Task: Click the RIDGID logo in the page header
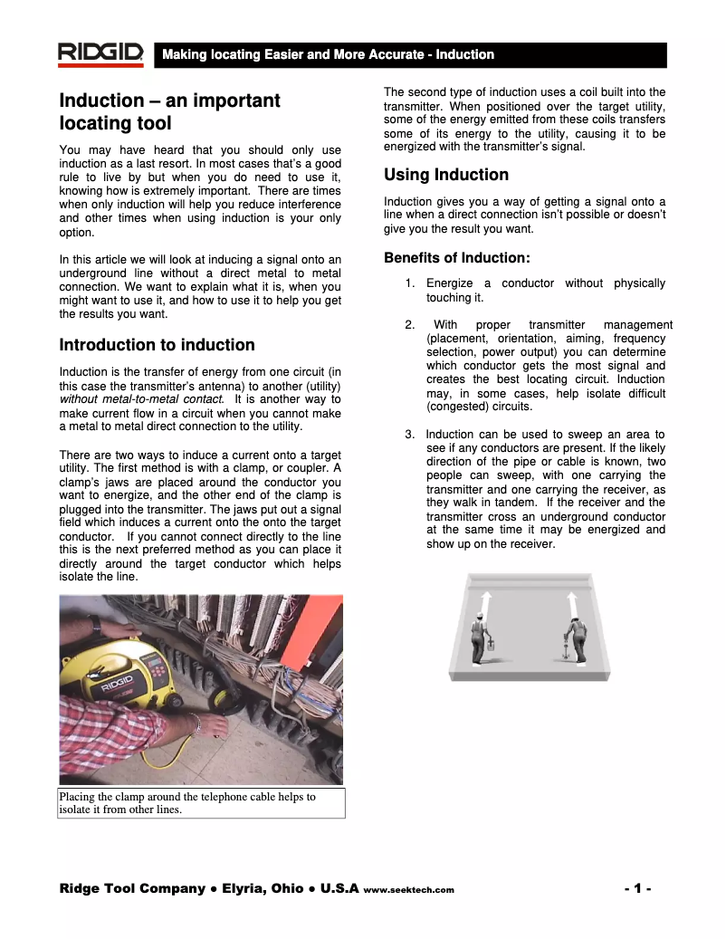100,54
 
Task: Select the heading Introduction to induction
157,345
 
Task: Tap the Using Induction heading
446,175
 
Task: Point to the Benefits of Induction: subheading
457,258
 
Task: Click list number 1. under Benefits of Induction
410,283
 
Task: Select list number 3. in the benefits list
410,435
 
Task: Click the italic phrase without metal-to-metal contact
140,398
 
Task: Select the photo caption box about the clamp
201,803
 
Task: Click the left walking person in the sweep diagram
479,638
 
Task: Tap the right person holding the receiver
574,638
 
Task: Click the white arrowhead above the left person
485,599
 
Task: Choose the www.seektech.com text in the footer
408,890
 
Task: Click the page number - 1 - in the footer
638,888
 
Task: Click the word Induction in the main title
101,101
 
